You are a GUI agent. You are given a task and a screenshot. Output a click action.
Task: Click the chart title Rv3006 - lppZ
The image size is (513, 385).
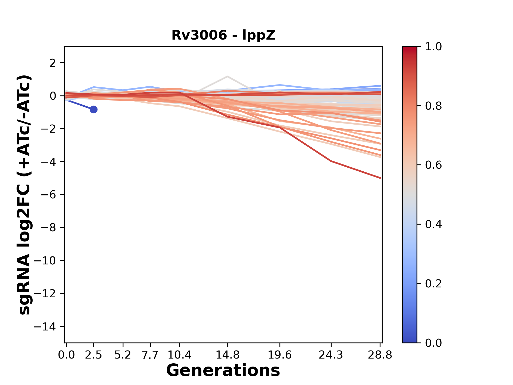coord(223,35)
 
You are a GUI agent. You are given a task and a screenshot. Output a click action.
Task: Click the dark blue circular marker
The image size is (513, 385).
coord(94,109)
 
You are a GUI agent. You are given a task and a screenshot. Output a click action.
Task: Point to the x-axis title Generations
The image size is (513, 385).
coord(223,371)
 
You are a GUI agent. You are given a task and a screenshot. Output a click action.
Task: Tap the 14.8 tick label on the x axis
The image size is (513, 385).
coord(228,355)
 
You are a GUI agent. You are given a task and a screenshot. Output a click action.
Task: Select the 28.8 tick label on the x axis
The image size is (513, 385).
coord(380,355)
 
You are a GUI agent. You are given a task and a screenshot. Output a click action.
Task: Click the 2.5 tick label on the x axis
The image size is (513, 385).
coord(94,355)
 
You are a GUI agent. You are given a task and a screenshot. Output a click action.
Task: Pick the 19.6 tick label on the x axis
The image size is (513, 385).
coord(280,355)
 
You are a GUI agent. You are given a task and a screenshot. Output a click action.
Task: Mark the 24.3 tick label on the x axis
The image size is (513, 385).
coord(331,355)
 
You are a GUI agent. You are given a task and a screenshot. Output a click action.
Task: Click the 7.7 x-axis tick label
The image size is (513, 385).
coord(150,355)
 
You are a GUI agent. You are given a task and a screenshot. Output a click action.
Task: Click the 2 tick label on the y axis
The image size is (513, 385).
coord(53,63)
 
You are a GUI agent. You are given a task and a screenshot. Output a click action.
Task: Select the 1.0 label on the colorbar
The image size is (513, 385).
coord(433,47)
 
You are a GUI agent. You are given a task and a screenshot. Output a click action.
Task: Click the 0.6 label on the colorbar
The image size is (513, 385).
coord(433,165)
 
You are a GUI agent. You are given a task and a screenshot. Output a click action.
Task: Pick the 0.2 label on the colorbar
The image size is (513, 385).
coord(433,283)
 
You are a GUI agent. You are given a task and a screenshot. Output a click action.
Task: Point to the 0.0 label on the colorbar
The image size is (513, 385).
coord(433,343)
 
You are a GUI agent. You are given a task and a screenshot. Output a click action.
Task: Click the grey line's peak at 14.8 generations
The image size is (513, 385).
coord(227,76)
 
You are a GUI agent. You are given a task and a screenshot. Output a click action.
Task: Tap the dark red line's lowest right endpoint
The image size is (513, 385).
coord(380,178)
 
